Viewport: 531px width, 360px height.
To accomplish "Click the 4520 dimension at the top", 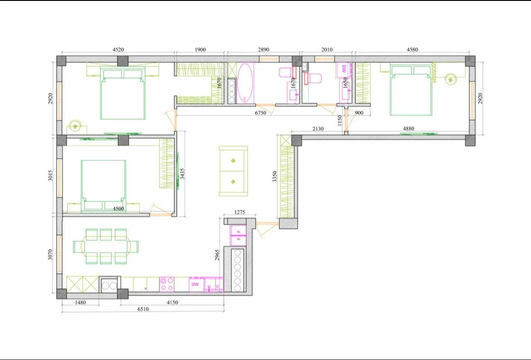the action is [118, 50].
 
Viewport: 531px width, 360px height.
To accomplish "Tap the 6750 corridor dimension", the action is [260, 113].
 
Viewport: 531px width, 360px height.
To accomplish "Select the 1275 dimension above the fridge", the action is [240, 212].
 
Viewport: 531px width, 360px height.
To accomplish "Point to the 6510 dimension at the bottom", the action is [143, 309].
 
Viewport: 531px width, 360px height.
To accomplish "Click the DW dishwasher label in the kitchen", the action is [195, 284].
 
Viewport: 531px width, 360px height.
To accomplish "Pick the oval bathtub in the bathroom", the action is [245, 82].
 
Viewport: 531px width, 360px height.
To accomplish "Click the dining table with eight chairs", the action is [106, 246].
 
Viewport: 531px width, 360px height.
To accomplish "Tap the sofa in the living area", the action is [233, 171].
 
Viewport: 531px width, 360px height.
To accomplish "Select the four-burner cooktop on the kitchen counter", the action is [167, 284].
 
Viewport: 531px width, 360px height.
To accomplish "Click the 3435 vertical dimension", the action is [182, 174].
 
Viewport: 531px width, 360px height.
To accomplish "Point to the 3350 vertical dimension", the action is [275, 177].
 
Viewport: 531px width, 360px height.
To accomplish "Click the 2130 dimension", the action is [318, 129].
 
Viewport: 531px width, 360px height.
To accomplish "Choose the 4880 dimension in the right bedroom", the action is [408, 129].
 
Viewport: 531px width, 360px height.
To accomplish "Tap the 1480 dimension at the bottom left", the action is [80, 302].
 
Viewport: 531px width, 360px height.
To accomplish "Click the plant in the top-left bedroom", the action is [75, 126].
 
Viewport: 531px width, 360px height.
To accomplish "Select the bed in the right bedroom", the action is [411, 91].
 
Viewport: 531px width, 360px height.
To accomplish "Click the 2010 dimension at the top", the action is [327, 50].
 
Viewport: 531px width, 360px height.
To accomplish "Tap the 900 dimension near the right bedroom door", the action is [359, 113].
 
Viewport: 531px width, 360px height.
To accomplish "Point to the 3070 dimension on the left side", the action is [50, 255].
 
